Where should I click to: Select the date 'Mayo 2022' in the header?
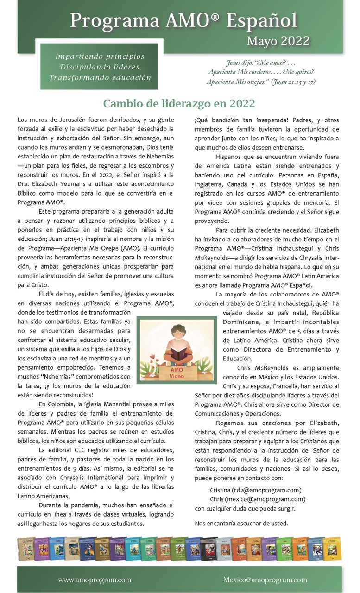coord(278,41)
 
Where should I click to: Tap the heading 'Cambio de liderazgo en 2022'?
coord(179,103)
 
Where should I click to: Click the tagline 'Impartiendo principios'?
coord(100,57)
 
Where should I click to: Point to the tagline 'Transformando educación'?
coord(100,77)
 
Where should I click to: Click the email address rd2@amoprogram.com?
coord(269,490)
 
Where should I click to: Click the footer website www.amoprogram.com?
coord(95,580)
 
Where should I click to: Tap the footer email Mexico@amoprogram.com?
coord(265,580)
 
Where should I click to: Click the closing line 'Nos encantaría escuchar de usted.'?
coord(241,524)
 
